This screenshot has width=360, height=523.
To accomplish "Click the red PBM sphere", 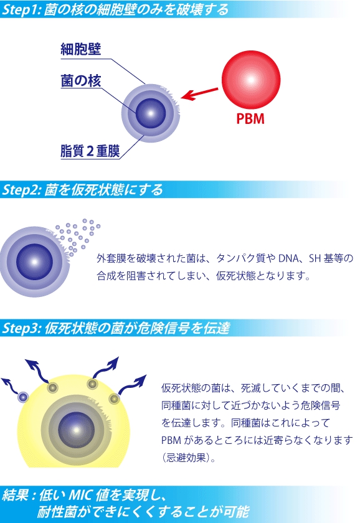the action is coord(251,80).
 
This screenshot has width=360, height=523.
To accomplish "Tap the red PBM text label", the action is coord(250,119).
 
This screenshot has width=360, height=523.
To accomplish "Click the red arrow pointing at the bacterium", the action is coord(199,94).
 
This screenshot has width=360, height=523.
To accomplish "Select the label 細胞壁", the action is coord(81,49).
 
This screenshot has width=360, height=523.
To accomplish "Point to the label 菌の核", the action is coord(81,81).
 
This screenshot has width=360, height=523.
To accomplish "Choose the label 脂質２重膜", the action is coord(90,151).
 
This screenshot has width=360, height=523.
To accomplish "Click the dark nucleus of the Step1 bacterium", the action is coord(151,113).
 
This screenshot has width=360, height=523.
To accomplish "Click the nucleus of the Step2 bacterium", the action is coord(34,262).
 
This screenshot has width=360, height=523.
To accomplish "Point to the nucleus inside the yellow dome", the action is coord(77,430).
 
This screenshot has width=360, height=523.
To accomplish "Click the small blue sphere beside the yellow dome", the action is coord(23,397).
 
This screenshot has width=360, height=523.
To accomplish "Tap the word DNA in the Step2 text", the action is coord(288,258).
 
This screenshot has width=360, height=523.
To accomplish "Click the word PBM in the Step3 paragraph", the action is coord(171,440).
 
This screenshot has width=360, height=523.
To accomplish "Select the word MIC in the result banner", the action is coord(80,495).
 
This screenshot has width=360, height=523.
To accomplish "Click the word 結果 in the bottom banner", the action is coord(15,495).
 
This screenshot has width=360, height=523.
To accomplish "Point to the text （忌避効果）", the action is coord(189,458).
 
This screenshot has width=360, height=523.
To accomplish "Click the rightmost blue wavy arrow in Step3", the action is coord(131,385).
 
